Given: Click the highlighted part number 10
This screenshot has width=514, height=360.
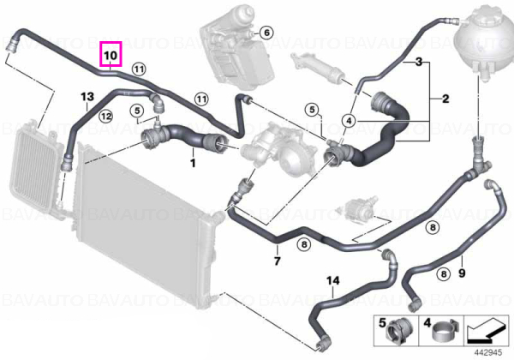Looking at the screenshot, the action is pyautogui.click(x=111, y=55).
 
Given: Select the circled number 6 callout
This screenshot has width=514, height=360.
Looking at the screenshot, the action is pyautogui.click(x=266, y=33).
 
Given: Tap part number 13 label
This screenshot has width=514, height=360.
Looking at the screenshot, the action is pyautogui.click(x=87, y=97).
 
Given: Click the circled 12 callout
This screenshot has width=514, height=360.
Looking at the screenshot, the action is pyautogui.click(x=106, y=116).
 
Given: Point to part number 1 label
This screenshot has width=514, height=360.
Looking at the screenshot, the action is pyautogui.click(x=193, y=163).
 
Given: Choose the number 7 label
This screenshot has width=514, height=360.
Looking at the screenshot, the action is pyautogui.click(x=278, y=261).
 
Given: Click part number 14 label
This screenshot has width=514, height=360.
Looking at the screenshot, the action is pyautogui.click(x=333, y=280).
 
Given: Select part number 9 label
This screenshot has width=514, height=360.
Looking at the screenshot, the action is pyautogui.click(x=462, y=273).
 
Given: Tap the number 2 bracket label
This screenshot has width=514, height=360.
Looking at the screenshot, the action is pyautogui.click(x=445, y=99).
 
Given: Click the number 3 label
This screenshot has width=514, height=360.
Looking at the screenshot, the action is pyautogui.click(x=419, y=62).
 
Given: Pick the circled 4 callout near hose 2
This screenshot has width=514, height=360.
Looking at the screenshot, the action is pyautogui.click(x=349, y=121).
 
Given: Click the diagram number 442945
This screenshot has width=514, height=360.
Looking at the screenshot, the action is pyautogui.click(x=488, y=352).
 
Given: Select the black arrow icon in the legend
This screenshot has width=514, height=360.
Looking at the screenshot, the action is pyautogui.click(x=486, y=331).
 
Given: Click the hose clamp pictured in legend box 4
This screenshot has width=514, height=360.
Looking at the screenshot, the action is pyautogui.click(x=444, y=332).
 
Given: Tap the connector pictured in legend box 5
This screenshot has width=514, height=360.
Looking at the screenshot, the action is pyautogui.click(x=399, y=332).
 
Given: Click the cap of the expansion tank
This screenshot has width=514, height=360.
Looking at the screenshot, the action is pyautogui.click(x=487, y=17).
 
